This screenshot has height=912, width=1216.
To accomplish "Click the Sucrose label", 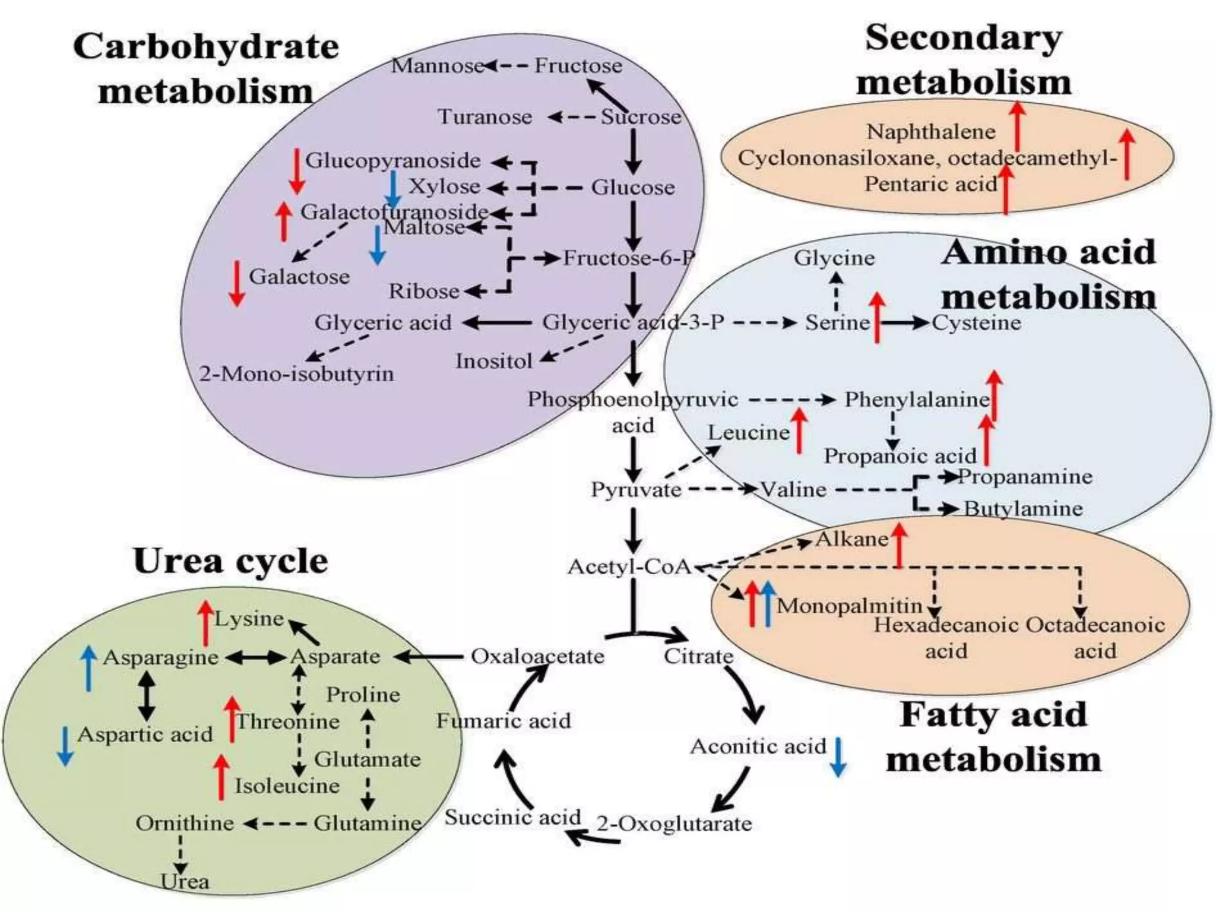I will [x=641, y=116].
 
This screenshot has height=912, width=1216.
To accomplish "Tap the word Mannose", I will [x=437, y=65].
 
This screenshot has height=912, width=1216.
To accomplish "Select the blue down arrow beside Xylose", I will [x=392, y=189].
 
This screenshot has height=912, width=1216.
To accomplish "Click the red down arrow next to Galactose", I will [x=237, y=283].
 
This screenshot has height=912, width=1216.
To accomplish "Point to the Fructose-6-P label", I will [x=628, y=258].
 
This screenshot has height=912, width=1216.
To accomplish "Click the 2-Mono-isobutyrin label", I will [x=296, y=373].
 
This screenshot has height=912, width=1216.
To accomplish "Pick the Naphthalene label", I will [x=930, y=131].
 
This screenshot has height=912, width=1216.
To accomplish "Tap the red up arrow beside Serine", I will [x=877, y=318].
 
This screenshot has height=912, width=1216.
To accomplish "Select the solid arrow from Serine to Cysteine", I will [x=904, y=323].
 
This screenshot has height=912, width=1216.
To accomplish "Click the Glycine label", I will [x=834, y=258].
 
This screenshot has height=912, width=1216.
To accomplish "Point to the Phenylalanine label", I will [x=917, y=399].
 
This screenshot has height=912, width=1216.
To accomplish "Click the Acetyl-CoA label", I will [x=630, y=566].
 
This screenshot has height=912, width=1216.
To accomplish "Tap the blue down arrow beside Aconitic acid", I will [x=838, y=756].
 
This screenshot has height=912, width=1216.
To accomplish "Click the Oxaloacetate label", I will [x=537, y=656].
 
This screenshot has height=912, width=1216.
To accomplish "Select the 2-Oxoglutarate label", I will [x=674, y=824].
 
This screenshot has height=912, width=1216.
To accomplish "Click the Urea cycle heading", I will [x=230, y=560].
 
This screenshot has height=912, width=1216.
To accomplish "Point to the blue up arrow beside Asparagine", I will [x=88, y=669].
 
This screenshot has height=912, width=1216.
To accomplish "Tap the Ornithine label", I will [x=185, y=823].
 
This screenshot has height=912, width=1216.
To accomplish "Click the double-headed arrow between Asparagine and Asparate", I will [x=255, y=657].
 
